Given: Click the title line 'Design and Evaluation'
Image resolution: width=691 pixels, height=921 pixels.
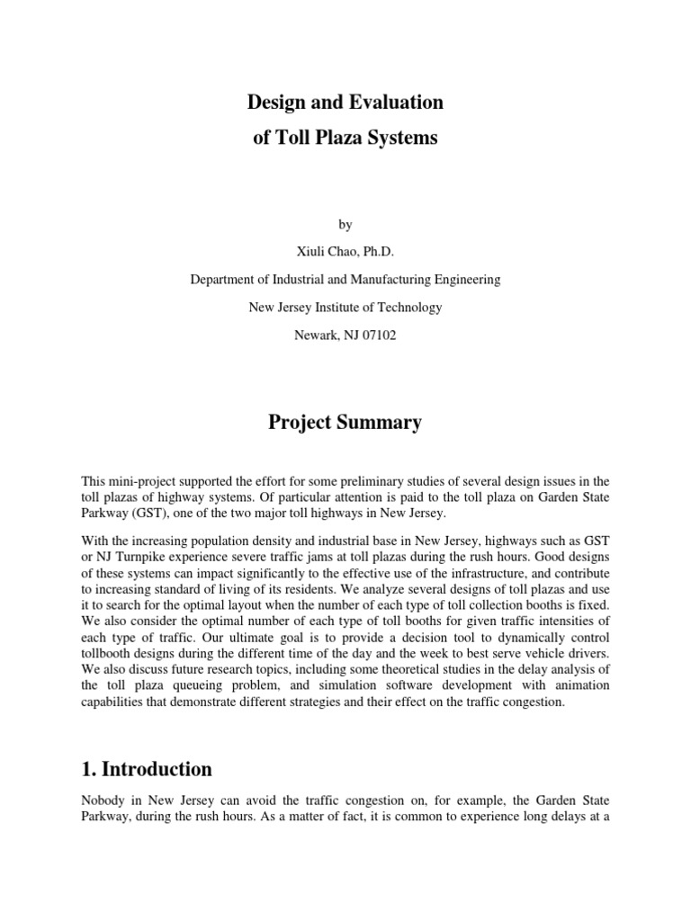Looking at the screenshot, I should [x=345, y=103].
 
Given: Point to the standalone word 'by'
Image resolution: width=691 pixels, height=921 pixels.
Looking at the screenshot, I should [x=345, y=224].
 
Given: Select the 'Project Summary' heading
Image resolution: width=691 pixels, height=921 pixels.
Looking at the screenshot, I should [x=345, y=423].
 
